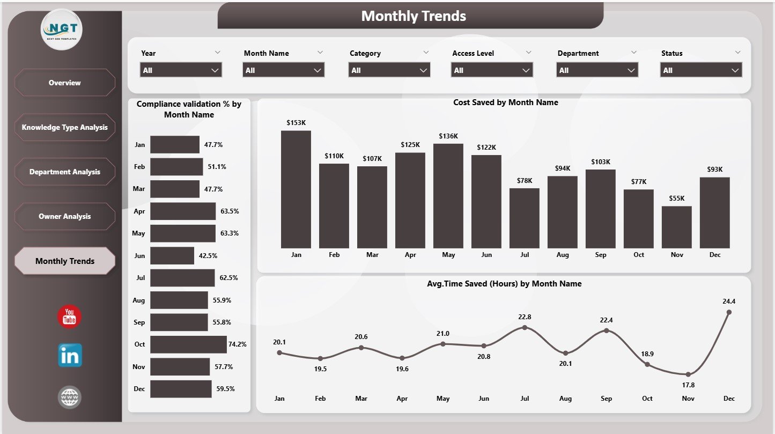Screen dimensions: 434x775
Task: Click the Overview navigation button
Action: pos(64,83)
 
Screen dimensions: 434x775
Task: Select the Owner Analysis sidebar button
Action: pos(64,216)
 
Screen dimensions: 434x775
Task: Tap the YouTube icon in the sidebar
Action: pos(69,317)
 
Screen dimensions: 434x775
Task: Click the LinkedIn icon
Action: pos(70,356)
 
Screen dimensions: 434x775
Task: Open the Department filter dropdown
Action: pos(597,70)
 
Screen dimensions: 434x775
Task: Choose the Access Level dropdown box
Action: pos(492,70)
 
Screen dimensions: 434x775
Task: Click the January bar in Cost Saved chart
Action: pos(296,189)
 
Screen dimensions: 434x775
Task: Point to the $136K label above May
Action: pos(448,136)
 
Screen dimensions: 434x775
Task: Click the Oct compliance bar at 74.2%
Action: pos(188,344)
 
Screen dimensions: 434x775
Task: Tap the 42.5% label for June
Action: pos(208,256)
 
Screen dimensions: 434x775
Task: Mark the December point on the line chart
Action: pos(728,312)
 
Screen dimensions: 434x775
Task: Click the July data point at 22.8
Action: pos(525,327)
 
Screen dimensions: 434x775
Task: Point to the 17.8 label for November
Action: pos(688,385)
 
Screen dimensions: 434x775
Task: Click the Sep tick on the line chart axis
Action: pos(607,399)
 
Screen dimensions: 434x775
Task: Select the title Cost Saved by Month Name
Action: pos(505,102)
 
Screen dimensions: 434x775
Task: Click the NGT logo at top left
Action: pos(62,30)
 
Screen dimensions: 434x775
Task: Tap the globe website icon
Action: pos(70,398)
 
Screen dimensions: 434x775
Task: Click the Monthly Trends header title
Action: pos(413,16)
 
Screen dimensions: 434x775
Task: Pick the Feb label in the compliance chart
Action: pos(139,167)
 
